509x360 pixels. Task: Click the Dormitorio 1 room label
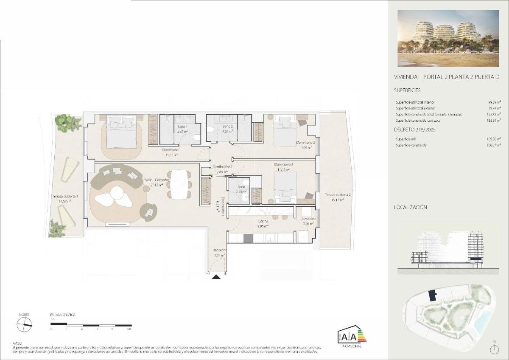[171, 150]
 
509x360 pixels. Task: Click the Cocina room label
[263, 221]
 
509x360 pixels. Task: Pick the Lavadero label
[308, 219]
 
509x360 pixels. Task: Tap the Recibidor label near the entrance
[219, 250]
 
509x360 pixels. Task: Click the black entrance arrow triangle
[216, 277]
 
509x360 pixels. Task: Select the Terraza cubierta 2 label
[334, 194]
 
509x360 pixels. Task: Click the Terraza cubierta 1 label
[65, 197]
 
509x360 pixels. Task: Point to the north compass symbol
[24, 325]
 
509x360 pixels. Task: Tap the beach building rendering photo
[448, 38]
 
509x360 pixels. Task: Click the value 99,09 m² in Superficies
[494, 102]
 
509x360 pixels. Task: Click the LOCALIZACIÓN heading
[410, 208]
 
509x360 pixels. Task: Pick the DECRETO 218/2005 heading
[414, 129]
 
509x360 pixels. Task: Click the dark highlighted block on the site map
[432, 295]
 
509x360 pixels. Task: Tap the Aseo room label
[241, 186]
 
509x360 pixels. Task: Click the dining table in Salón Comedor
[178, 184]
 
